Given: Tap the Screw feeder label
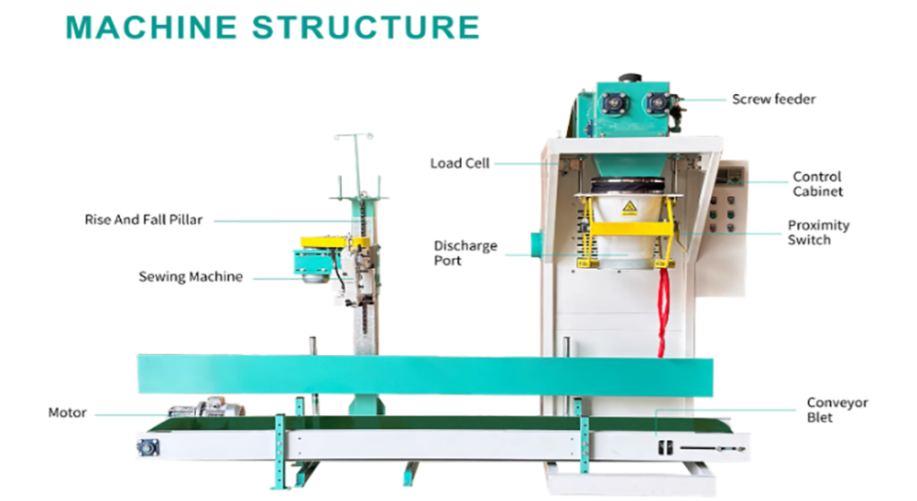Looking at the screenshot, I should click(774, 99).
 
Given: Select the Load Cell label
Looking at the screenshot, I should click(458, 163).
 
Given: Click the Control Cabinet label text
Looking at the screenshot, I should click(817, 184).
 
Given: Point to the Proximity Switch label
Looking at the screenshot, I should click(818, 233).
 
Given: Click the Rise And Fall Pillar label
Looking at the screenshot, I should click(143, 220).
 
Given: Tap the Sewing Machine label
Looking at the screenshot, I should click(190, 277).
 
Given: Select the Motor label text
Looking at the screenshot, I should click(67, 413).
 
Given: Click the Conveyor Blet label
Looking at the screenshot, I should click(836, 410).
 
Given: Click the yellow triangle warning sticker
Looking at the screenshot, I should click(630, 209).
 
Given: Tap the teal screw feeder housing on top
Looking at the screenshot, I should click(632, 108).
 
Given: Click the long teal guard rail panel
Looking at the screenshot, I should click(425, 374).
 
